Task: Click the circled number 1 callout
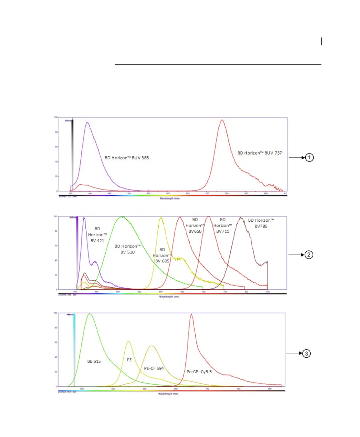309,157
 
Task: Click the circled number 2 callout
309,255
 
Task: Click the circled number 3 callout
306,353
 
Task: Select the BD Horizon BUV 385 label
126,157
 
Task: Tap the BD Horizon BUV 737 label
260,153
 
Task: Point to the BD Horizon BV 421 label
97,235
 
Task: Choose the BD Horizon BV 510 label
127,249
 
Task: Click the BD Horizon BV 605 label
162,255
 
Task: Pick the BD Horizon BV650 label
195,225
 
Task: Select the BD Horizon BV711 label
223,225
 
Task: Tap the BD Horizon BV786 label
261,223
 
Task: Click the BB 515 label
94,361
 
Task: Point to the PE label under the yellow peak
129,360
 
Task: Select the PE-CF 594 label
154,368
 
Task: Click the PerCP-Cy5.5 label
199,372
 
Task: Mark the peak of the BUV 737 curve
222,120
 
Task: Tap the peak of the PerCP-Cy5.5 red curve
191,314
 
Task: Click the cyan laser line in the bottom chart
74,350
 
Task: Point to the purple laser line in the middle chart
77,250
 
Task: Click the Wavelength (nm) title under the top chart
169,199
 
